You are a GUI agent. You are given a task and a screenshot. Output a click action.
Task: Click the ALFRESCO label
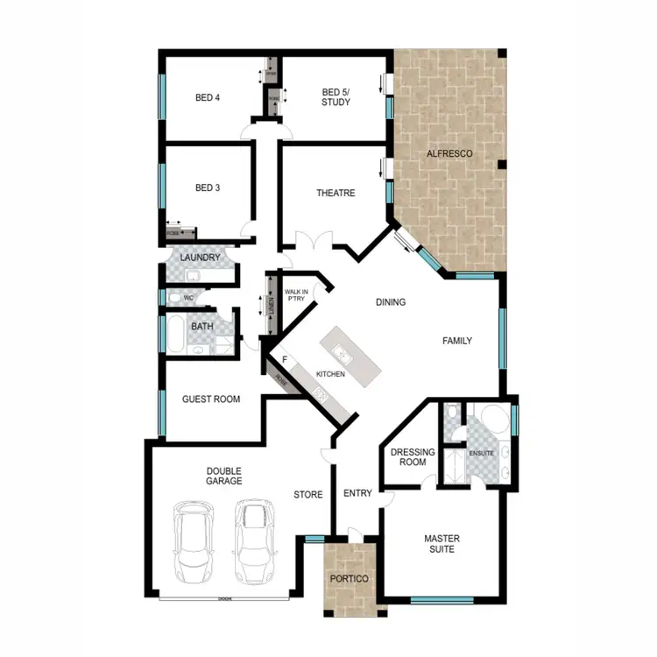[449, 154]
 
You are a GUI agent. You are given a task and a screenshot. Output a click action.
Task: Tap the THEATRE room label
[336, 193]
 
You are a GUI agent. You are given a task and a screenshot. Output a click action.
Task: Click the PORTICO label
[348, 579]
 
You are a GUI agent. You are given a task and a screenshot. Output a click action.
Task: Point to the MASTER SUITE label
[442, 544]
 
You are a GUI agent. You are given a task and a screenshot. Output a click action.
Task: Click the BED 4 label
[208, 97]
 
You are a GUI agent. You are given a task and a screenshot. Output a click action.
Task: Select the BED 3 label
[208, 187]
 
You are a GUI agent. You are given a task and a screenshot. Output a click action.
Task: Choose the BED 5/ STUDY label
[336, 96]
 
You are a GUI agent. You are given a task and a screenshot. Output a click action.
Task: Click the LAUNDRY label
[199, 258]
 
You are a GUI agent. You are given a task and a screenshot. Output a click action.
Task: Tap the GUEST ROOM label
[210, 399]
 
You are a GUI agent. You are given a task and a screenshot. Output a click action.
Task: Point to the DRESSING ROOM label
[408, 457]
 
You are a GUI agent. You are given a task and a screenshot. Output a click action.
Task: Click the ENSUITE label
[482, 454]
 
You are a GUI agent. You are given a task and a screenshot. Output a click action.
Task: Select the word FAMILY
[457, 341]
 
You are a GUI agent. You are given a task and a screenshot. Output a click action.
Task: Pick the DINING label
[391, 303]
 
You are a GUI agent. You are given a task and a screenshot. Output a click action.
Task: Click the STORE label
[307, 495]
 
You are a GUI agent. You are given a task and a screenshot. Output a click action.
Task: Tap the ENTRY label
[357, 493]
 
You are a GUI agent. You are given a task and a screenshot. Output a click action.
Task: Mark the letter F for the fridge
[285, 359]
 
